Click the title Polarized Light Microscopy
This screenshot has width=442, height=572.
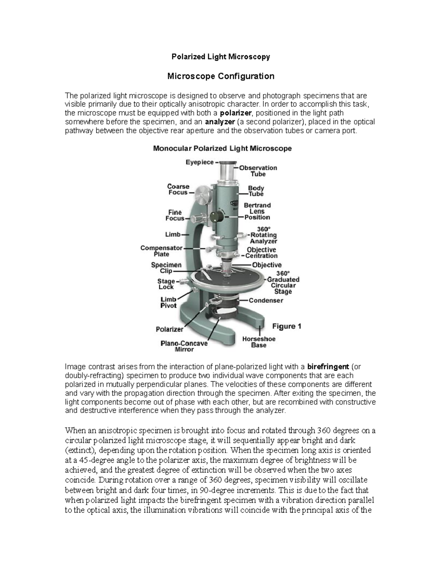221,57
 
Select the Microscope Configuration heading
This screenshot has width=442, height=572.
221,76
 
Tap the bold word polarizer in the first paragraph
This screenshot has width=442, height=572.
235,113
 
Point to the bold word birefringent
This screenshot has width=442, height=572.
328,367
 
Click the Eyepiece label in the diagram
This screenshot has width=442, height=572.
199,162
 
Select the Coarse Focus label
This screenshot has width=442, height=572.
178,189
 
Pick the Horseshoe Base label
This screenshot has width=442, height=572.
259,342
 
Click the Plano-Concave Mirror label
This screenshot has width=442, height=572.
184,346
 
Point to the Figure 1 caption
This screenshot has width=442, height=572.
287,326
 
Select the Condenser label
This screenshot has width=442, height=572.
266,301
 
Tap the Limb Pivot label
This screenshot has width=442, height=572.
168,302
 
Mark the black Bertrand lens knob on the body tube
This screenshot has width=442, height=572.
218,215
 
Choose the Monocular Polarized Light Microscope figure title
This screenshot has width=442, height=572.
222,148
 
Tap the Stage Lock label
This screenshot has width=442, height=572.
166,284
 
